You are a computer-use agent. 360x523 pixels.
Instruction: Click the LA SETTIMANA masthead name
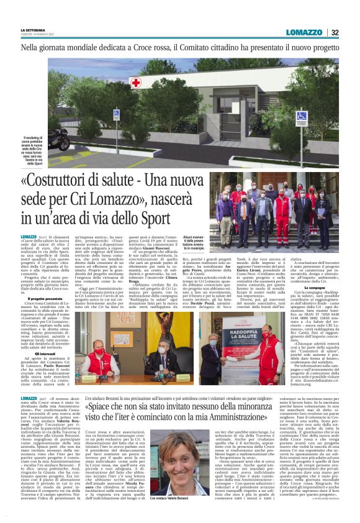click(32, 30)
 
